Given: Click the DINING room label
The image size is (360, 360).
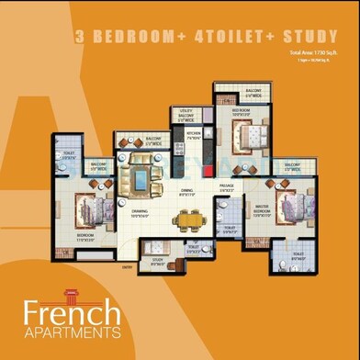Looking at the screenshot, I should (x=189, y=193).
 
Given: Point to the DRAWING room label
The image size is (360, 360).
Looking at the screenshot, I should (x=139, y=213).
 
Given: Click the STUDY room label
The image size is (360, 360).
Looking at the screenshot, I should (x=158, y=261).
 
